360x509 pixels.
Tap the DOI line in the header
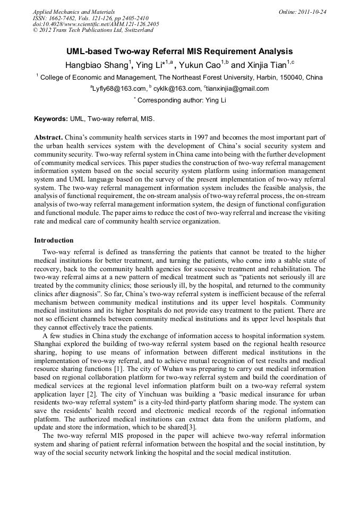[x=96, y=24]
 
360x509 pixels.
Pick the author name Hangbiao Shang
[x=97, y=66]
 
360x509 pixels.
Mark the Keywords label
[x=51, y=119]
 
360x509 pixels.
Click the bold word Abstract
[x=49, y=137]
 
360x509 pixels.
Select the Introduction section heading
[x=54, y=240]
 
